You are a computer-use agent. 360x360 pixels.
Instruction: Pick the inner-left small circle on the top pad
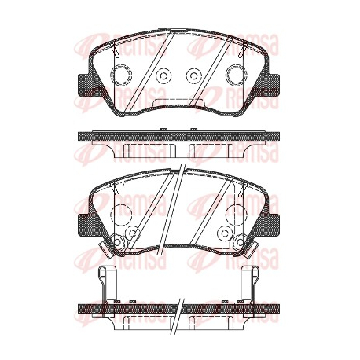163,76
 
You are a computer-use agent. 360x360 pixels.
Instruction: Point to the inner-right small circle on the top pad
194,76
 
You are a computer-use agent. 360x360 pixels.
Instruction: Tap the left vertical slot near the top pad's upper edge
116,50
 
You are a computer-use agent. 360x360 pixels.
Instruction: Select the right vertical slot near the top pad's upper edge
242,50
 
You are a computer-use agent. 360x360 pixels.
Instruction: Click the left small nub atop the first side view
163,129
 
